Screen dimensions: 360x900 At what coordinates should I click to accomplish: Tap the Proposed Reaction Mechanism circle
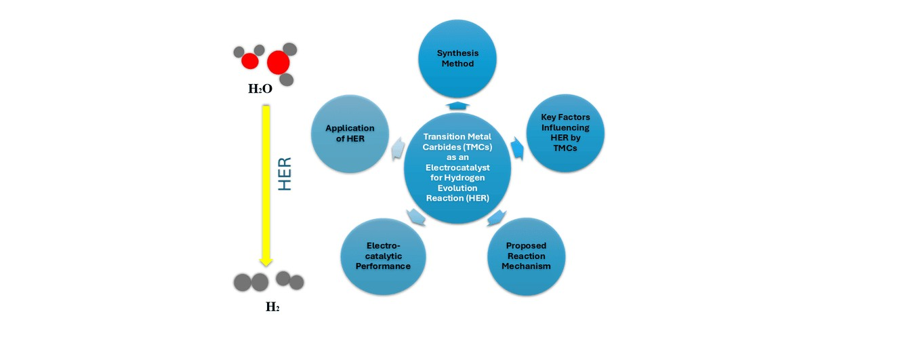(526, 256)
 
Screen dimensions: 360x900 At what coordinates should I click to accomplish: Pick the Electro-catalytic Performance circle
(384, 256)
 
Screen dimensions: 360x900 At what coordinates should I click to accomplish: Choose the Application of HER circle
(350, 133)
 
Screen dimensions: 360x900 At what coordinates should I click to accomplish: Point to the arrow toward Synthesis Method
(457, 105)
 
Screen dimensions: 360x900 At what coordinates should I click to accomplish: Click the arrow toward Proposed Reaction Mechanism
(496, 218)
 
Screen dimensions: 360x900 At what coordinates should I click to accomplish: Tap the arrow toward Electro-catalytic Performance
(415, 216)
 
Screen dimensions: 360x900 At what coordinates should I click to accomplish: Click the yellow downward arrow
(266, 183)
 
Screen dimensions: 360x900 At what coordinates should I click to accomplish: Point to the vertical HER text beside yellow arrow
(285, 174)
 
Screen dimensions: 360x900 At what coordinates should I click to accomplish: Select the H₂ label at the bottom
(272, 307)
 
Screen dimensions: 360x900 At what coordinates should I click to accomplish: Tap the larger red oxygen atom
(278, 63)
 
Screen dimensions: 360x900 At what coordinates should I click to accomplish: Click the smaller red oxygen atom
(250, 62)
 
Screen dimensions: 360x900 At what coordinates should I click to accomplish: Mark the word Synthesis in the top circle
(457, 53)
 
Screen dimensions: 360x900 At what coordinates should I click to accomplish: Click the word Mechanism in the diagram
(526, 266)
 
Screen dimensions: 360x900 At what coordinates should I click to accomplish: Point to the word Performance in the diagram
(384, 266)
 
